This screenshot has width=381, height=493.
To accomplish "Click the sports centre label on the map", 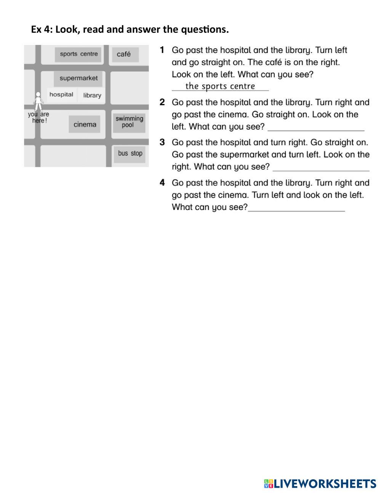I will click(78, 54).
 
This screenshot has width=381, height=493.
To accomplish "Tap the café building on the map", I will click(124, 54).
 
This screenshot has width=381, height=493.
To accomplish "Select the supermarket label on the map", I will click(78, 78).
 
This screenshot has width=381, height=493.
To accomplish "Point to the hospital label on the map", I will click(61, 94).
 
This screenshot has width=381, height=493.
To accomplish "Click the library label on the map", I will click(92, 95).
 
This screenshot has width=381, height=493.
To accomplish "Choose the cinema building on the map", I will click(85, 125).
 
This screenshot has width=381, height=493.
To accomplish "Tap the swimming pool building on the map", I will click(129, 122).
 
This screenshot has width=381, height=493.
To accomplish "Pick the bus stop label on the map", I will click(130, 154).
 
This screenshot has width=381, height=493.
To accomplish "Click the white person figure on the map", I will click(38, 101).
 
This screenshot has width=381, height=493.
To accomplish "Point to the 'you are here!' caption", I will click(38, 117).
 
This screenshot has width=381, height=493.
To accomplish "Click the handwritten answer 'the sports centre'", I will click(220, 86).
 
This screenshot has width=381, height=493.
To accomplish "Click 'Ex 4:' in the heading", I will click(42, 29).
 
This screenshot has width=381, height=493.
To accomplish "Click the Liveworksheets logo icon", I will click(269, 484).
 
